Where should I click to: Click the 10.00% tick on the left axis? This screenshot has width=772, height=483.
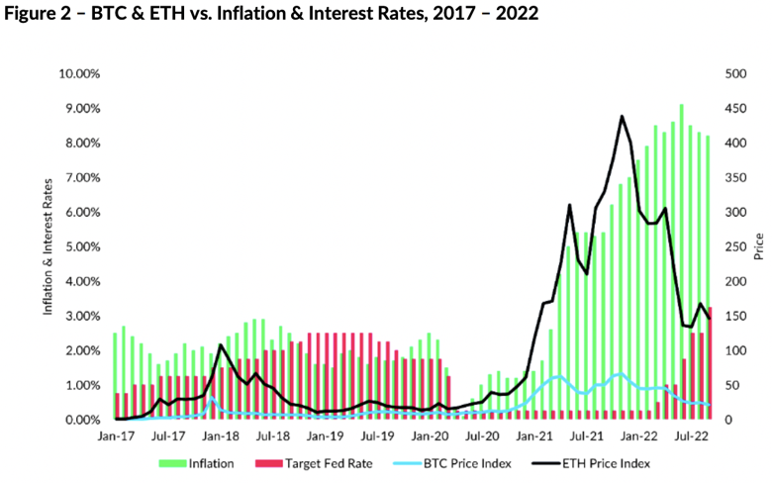pyautogui.click(x=81, y=73)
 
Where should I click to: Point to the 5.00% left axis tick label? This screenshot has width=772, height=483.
pyautogui.click(x=83, y=246)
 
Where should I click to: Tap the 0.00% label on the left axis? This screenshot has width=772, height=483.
pyautogui.click(x=83, y=420)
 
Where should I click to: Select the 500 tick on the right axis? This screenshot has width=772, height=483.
pyautogui.click(x=736, y=73)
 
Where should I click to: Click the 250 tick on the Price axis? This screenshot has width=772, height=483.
pyautogui.click(x=736, y=246)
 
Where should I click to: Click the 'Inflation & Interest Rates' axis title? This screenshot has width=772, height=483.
pyautogui.click(x=47, y=246)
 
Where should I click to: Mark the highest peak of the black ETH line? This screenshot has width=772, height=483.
pyautogui.click(x=622, y=116)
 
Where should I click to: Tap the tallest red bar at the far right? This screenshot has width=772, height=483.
pyautogui.click(x=710, y=363)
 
